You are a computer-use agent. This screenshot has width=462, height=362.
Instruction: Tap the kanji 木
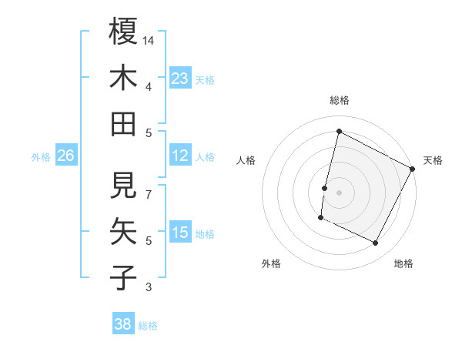click(123, 78)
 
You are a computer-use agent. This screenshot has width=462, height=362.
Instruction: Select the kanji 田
click(123, 123)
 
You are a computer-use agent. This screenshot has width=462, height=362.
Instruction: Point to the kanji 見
click(123, 185)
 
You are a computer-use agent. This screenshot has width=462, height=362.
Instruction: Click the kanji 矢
click(123, 231)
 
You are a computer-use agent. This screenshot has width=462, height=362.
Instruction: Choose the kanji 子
click(123, 277)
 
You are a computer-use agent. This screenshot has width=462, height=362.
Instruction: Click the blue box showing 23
click(180, 78)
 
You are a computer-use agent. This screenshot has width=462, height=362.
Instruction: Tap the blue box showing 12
click(180, 156)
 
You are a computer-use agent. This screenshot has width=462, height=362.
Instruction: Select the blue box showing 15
click(180, 233)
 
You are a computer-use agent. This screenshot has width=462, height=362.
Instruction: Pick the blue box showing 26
click(65, 156)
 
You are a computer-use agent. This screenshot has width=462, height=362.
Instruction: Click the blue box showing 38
click(123, 324)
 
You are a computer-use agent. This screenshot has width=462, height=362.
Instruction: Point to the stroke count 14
click(149, 39)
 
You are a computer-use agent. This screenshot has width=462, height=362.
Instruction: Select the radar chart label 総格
click(339, 100)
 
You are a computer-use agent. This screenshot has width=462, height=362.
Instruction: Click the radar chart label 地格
click(403, 263)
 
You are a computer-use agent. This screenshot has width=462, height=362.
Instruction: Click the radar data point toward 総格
click(339, 131)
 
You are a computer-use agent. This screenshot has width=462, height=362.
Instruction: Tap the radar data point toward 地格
click(376, 243)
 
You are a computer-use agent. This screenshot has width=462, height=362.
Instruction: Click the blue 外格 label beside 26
click(41, 156)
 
